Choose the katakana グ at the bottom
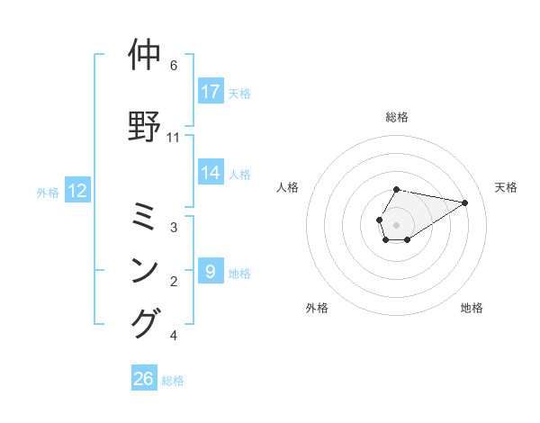pyautogui.click(x=148, y=322)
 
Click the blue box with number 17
pyautogui.click(x=211, y=92)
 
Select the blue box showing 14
pyautogui.click(x=211, y=173)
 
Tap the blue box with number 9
pyautogui.click(x=211, y=271)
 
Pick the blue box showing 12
pyautogui.click(x=77, y=191)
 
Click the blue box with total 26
pyautogui.click(x=144, y=379)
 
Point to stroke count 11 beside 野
pyautogui.click(x=174, y=138)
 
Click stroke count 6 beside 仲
pyautogui.click(x=174, y=66)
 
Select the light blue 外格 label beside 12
pyautogui.click(x=48, y=192)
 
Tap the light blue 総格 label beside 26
pyautogui.click(x=174, y=381)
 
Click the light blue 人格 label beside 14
pyautogui.click(x=239, y=174)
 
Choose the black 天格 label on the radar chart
pyautogui.click(x=506, y=187)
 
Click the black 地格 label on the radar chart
pyautogui.click(x=472, y=308)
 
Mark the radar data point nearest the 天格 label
pyautogui.click(x=465, y=202)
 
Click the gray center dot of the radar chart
pyautogui.click(x=397, y=224)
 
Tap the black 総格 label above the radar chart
pyautogui.click(x=397, y=117)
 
